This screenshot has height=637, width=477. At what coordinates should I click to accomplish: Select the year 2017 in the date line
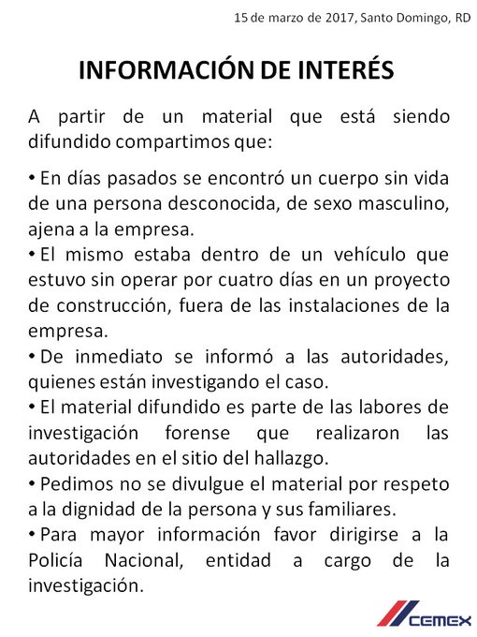point(336,17)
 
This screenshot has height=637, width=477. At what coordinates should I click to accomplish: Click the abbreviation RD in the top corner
point(462,17)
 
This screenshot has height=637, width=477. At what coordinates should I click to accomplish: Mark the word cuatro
point(226,279)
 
